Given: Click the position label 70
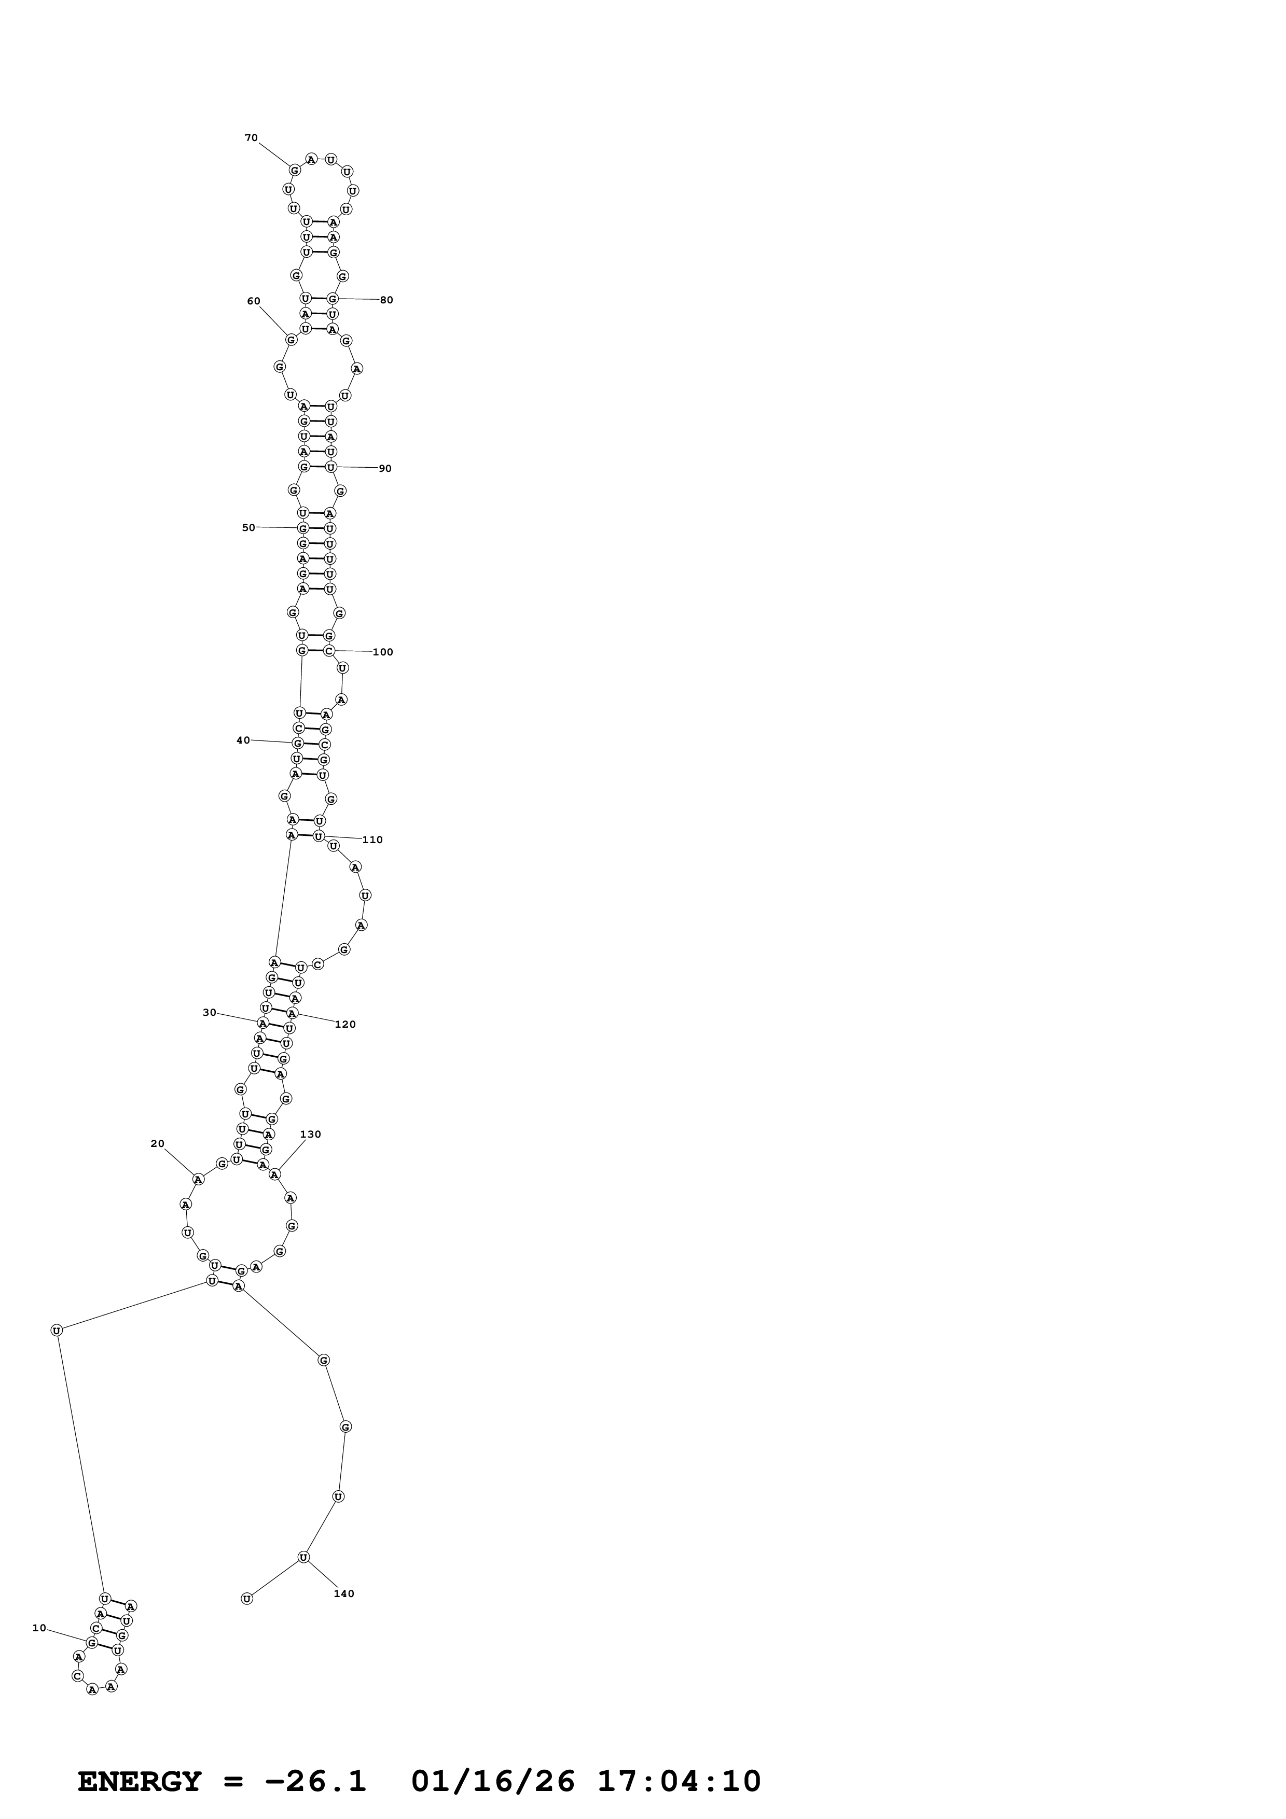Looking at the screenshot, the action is [251, 138].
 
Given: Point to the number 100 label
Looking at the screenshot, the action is [383, 652].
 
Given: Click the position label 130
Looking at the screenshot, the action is [311, 1134].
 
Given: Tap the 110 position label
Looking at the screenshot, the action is [372, 840].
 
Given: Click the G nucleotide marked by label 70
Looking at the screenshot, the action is [295, 170].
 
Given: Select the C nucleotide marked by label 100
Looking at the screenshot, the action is [329, 651].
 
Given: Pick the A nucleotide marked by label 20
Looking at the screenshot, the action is [199, 1179].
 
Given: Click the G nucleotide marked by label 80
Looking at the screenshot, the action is [333, 299].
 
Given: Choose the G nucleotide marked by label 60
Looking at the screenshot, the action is [292, 340].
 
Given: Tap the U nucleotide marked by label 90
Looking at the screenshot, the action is [331, 467].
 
